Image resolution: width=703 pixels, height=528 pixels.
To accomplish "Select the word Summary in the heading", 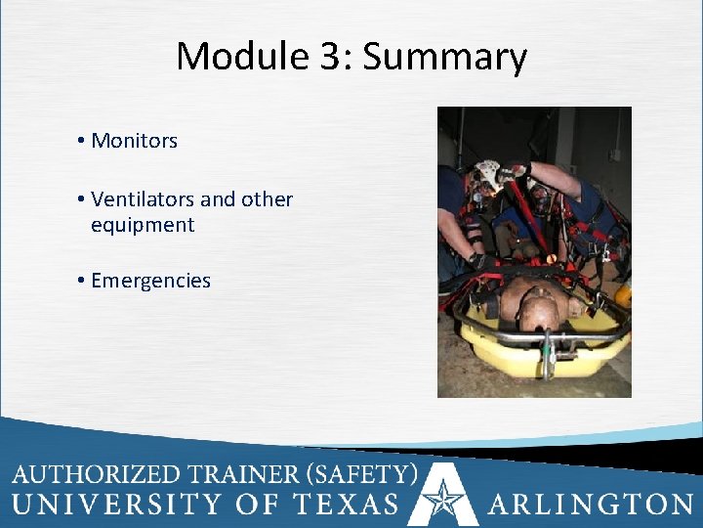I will [445, 59].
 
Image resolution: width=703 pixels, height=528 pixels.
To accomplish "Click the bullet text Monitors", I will [134, 141].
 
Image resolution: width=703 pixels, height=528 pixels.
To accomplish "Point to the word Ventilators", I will [143, 199].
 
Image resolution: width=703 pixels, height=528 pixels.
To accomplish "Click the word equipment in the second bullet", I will [143, 225].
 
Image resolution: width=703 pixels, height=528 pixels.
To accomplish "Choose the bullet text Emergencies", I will [150, 281].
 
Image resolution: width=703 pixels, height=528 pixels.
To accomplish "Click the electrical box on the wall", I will [614, 153].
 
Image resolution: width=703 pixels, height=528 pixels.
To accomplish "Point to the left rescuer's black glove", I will [477, 262].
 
